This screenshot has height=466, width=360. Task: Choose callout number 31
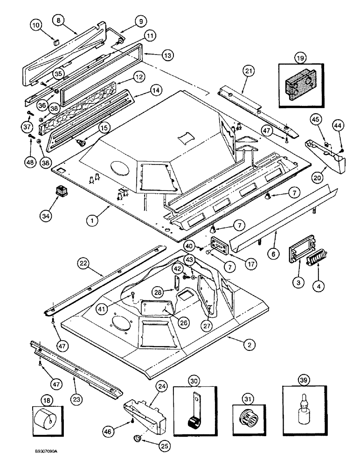248,384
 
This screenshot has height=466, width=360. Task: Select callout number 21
249,71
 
